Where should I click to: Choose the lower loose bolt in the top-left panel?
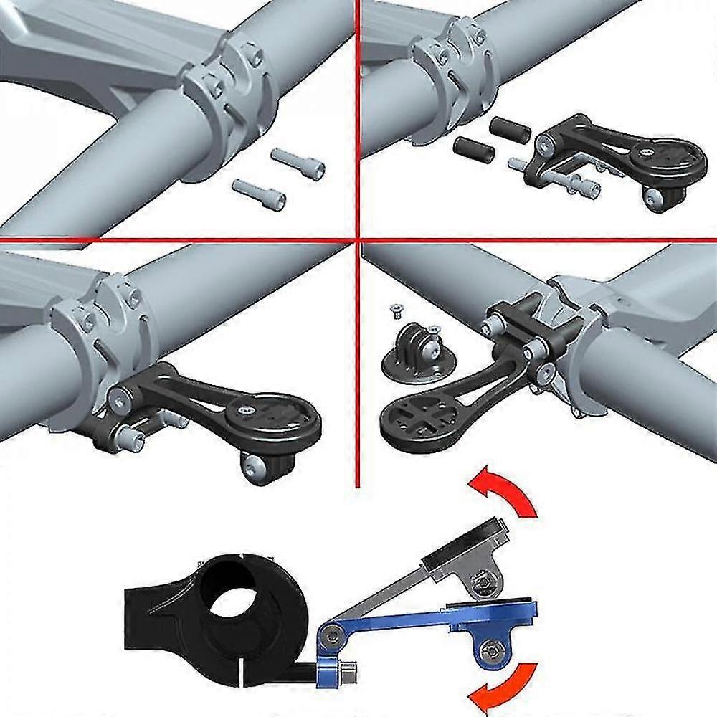[260, 192]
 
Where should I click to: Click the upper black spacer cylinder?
[510, 129]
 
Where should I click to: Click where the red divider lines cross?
[356, 239]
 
